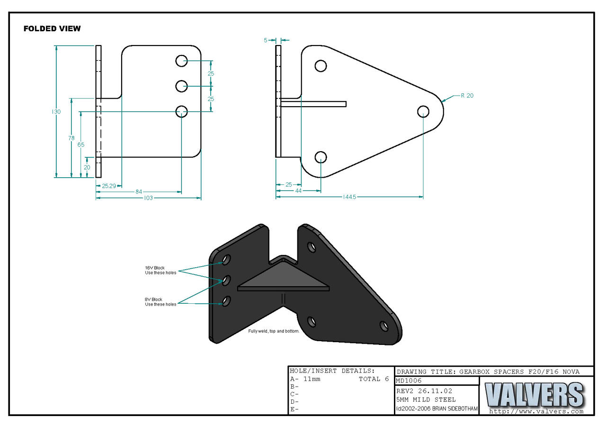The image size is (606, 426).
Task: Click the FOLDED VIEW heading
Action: (x=52, y=29)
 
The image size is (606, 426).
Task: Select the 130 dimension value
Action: (x=56, y=112)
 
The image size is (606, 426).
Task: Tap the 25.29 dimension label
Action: (x=109, y=186)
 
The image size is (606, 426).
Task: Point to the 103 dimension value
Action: (x=148, y=198)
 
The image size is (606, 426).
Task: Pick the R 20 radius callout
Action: (x=467, y=96)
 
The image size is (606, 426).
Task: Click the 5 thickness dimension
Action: (x=266, y=40)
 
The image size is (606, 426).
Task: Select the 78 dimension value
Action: (x=71, y=138)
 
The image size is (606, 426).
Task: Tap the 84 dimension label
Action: (x=139, y=192)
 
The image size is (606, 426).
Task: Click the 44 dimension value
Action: (x=298, y=190)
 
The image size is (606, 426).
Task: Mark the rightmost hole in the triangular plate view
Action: (x=423, y=111)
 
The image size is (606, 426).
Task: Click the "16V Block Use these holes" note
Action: (x=160, y=270)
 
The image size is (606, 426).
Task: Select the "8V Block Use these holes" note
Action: (x=160, y=302)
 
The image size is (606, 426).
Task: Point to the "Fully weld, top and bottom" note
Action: (x=274, y=331)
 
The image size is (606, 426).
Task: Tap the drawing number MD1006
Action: (x=409, y=381)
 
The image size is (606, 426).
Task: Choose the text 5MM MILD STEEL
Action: (x=426, y=399)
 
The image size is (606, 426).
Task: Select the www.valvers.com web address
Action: (x=536, y=411)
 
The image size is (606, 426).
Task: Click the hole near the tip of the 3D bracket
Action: (x=384, y=326)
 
